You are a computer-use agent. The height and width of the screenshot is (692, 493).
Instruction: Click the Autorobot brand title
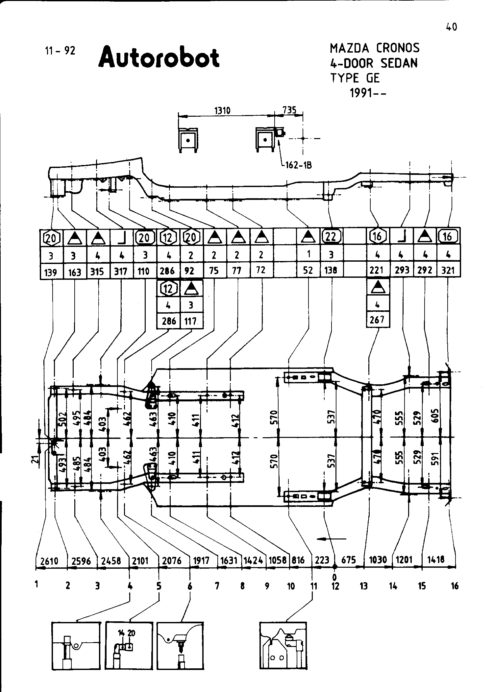pyautogui.click(x=159, y=58)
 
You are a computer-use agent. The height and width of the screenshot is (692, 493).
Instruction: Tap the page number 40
pyautogui.click(x=452, y=27)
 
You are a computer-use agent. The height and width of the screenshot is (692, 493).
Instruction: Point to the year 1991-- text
pyautogui.click(x=368, y=93)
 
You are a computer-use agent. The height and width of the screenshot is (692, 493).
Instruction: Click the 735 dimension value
pyautogui.click(x=289, y=110)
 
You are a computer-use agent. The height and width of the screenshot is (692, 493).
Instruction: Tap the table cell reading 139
pyautogui.click(x=51, y=272)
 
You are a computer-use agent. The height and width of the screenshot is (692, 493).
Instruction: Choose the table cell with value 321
pyautogui.click(x=448, y=271)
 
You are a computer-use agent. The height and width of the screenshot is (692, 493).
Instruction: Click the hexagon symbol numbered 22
pyautogui.click(x=332, y=236)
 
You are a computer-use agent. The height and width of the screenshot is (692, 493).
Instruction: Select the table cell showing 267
pyautogui.click(x=377, y=320)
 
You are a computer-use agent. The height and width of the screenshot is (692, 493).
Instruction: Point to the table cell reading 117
pyautogui.click(x=191, y=321)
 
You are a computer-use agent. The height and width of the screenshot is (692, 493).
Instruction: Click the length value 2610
pyautogui.click(x=49, y=561)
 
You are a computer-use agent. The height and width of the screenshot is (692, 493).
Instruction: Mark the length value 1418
pyautogui.click(x=436, y=559)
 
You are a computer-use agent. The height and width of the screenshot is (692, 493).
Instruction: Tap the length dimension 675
pyautogui.click(x=349, y=560)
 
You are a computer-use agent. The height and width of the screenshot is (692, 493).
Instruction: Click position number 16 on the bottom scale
pyautogui.click(x=455, y=586)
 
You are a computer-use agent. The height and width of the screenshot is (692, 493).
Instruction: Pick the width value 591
pyautogui.click(x=435, y=459)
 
